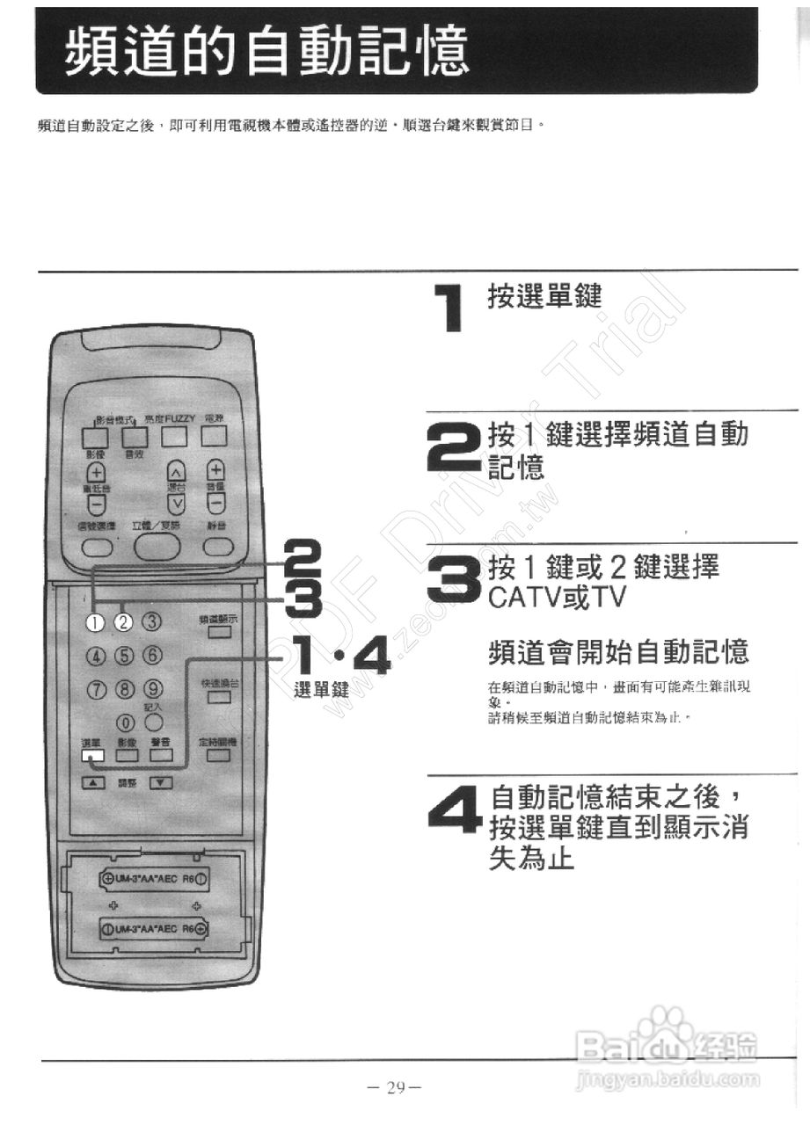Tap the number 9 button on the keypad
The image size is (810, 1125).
pyautogui.click(x=153, y=689)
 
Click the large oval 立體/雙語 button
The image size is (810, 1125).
pyautogui.click(x=157, y=547)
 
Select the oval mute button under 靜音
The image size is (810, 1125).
pyautogui.click(x=217, y=547)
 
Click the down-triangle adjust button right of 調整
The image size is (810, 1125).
pyautogui.click(x=160, y=782)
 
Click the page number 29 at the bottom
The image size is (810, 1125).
pyautogui.click(x=395, y=1087)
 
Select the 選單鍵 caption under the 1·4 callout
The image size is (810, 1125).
pyautogui.click(x=321, y=689)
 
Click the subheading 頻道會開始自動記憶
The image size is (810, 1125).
pyautogui.click(x=617, y=652)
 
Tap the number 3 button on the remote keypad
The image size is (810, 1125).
pyautogui.click(x=153, y=621)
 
